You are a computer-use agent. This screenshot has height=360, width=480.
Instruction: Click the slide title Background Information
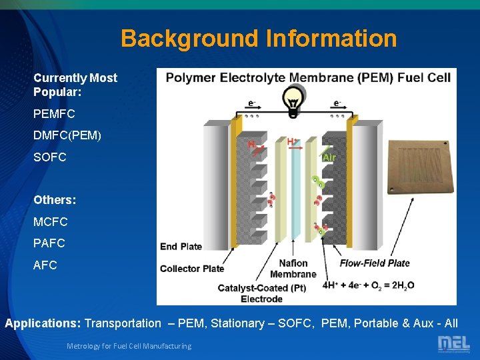(x=259, y=38)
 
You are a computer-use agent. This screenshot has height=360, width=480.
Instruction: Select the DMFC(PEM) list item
(x=67, y=135)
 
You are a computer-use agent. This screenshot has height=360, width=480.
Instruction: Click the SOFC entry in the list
(x=50, y=157)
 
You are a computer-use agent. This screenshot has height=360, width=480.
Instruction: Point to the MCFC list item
(x=51, y=221)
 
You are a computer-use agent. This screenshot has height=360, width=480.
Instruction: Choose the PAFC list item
(x=49, y=243)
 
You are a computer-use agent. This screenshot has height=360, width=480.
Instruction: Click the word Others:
(x=55, y=199)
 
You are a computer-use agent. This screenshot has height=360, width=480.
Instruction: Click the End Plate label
(x=181, y=247)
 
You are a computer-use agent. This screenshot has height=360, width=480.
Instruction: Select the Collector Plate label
(x=192, y=269)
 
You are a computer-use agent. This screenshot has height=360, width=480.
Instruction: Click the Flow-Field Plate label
(x=375, y=263)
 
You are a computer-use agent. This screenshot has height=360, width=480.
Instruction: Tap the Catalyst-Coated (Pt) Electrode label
(x=261, y=293)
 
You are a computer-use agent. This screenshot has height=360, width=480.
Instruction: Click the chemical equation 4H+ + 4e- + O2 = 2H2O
(x=368, y=285)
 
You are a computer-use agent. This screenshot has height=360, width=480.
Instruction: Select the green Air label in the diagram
(x=329, y=157)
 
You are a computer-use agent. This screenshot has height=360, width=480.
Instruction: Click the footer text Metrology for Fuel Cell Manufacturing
(x=129, y=346)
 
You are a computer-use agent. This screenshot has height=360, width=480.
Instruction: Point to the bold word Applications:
(x=43, y=323)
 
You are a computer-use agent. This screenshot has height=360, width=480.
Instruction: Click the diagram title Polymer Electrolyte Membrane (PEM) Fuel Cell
(x=308, y=77)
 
